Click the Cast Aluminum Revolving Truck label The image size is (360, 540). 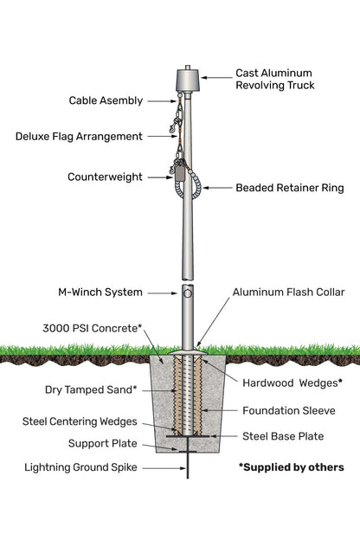point(274,80)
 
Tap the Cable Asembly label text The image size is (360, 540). point(106,100)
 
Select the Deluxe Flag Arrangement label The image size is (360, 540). point(79,136)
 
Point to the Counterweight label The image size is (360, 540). point(105,177)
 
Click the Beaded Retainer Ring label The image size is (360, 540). point(289,187)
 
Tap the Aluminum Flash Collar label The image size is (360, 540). point(288,292)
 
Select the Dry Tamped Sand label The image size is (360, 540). point(91,389)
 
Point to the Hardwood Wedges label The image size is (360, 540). point(291,382)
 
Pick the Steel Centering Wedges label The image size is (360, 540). point(80,421)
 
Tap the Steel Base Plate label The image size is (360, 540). point(283,436)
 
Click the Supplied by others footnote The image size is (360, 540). point(291,467)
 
